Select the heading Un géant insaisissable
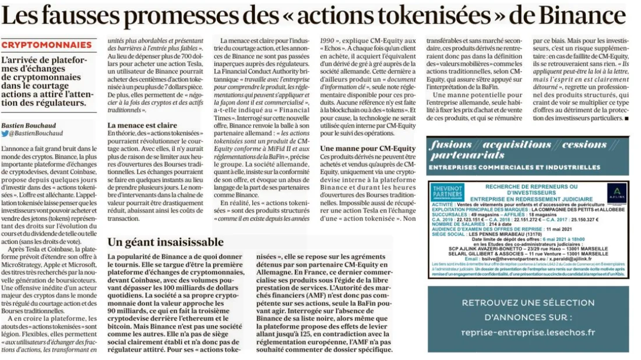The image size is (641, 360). (165, 242)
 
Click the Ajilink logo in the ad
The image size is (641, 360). (616, 192)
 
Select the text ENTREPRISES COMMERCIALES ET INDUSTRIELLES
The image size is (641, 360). (514, 167)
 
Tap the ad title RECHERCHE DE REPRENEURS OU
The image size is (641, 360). (530, 186)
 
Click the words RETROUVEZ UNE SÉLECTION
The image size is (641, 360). (528, 303)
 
